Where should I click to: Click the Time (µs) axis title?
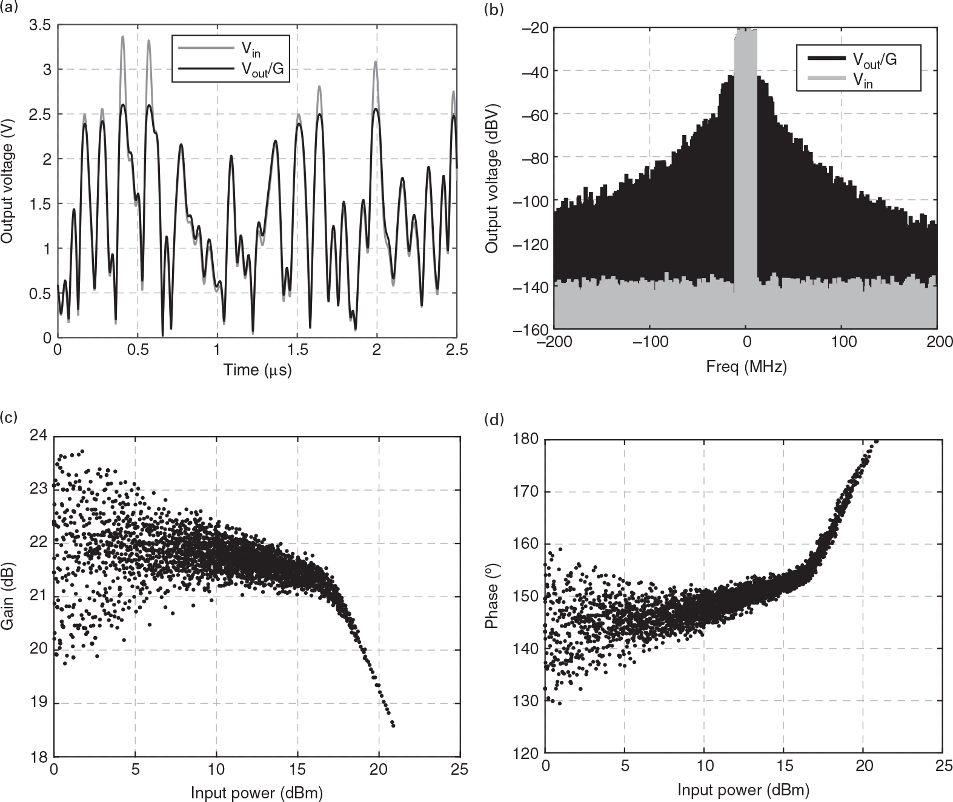click(x=257, y=370)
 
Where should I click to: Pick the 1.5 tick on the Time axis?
click(x=297, y=351)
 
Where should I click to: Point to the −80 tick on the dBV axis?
click(x=531, y=157)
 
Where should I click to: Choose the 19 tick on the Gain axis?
click(x=38, y=703)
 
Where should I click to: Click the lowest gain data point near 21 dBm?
click(x=393, y=724)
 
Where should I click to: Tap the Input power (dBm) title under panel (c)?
click(x=257, y=792)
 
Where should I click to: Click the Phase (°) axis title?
click(x=492, y=597)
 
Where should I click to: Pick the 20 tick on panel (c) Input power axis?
click(x=379, y=770)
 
